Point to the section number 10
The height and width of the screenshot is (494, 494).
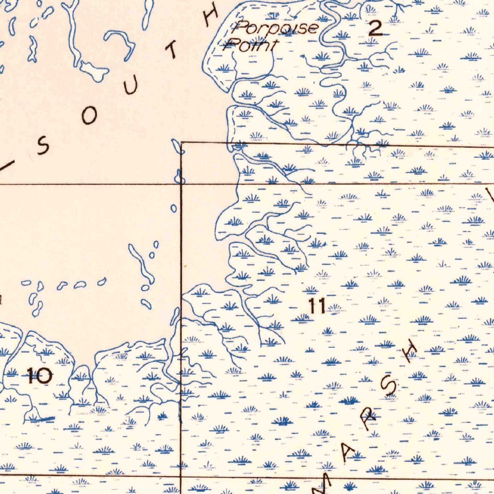39,375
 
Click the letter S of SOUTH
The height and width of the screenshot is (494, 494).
42,148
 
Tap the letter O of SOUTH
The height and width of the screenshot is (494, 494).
89,116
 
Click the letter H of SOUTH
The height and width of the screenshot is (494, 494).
210,17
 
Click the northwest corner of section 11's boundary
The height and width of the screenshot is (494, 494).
181,143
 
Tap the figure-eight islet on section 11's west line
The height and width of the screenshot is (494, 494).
180,178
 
